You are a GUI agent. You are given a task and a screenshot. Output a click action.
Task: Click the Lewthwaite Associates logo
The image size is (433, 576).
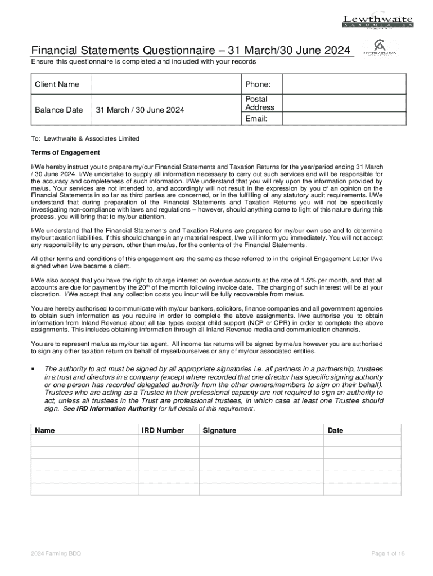pyautogui.click(x=377, y=21)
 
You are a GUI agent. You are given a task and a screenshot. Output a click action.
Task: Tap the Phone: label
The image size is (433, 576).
pyautogui.click(x=258, y=84)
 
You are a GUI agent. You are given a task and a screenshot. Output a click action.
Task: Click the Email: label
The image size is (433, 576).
pyautogui.click(x=256, y=119)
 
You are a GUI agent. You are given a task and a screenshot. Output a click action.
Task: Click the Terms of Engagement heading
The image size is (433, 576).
pyautogui.click(x=65, y=152)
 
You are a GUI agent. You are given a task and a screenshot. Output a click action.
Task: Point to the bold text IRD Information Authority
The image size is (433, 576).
pyautogui.click(x=110, y=409)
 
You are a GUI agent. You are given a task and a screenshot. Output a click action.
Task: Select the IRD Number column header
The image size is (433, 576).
pyautogui.click(x=163, y=430)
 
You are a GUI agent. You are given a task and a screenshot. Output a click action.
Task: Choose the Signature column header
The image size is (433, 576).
pyautogui.click(x=220, y=430)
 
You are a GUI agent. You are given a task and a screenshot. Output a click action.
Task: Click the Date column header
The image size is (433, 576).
pyautogui.click(x=335, y=430)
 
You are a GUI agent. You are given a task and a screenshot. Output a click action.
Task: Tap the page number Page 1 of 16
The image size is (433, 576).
pyautogui.click(x=388, y=554)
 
